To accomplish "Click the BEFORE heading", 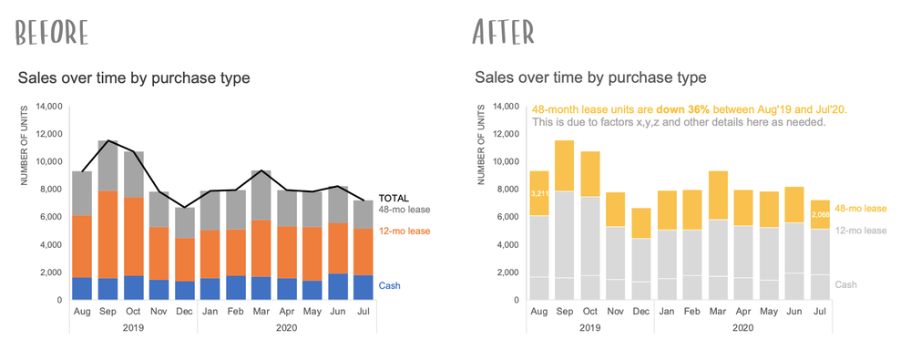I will coord(53,32).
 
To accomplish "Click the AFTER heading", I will coord(503,32).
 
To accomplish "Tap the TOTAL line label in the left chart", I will coord(394,198).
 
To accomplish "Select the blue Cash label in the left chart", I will coord(389,285).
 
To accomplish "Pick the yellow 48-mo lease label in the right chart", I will coord(861,209).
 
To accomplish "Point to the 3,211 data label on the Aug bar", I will coord(538,193).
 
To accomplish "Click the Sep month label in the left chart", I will coord(108,312).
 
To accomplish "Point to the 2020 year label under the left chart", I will coord(286,327).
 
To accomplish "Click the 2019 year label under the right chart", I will coord(590,327).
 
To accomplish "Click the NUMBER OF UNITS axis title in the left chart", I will coord(26,146).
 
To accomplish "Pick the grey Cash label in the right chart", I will coord(846,284).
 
